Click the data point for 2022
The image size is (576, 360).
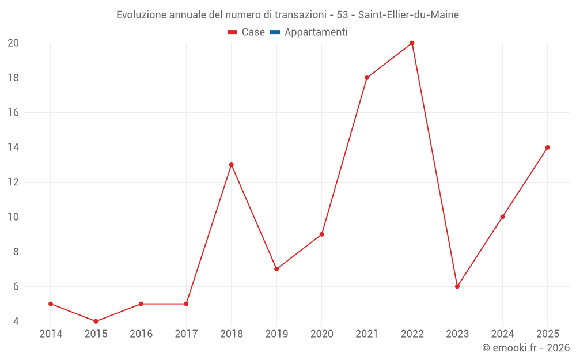coord(412,43)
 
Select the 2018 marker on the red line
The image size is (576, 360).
coord(231,165)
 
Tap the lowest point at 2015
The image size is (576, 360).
coord(96,321)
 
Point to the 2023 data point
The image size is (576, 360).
coord(457,286)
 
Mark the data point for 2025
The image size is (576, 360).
coord(547,147)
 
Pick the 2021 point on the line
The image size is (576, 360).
coord(366,78)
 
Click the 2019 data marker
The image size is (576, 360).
coord(276,269)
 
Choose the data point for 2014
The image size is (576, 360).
coord(51,304)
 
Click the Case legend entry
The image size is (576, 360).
coord(246,32)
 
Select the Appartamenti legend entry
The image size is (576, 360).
coord(309,32)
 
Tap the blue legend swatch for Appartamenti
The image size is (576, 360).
coord(275,32)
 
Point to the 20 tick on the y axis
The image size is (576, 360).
coord(13,43)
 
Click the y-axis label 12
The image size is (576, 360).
coord(13,182)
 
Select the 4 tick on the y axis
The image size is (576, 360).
coord(16,321)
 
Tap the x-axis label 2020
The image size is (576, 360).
coord(322,334)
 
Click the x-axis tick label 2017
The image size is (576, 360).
coord(186,334)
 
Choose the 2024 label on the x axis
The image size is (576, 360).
coord(502,334)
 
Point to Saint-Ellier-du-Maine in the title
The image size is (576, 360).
coord(408,15)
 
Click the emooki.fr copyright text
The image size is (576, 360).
coord(526,347)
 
